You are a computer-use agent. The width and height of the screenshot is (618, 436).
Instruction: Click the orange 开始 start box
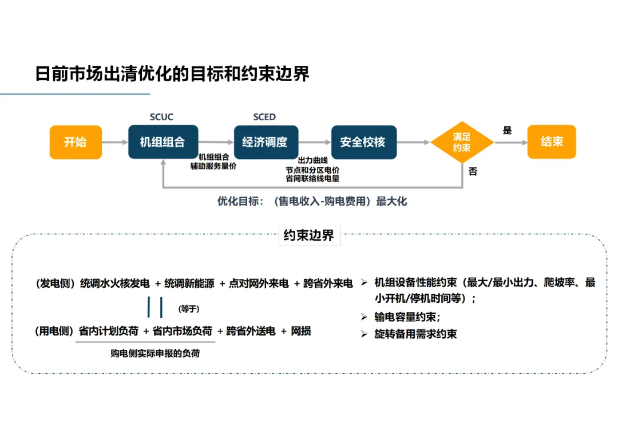tap(76, 142)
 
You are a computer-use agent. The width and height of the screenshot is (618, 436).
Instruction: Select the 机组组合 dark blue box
tap(163, 142)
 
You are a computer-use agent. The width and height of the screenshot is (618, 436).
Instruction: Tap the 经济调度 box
tap(266, 142)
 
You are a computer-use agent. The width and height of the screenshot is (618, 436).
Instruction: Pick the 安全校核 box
tap(364, 142)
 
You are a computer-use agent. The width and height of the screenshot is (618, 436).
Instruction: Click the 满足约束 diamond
tap(462, 142)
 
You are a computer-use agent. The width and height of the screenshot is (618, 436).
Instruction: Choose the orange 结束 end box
tap(552, 142)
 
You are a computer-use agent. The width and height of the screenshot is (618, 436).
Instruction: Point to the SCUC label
tap(161, 117)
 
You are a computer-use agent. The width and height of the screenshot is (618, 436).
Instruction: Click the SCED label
tap(264, 117)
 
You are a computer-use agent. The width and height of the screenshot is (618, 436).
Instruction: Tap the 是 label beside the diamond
tap(507, 130)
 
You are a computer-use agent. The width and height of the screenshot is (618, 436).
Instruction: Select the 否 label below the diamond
tap(473, 171)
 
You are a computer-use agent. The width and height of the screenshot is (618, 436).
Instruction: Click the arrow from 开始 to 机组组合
tap(115, 142)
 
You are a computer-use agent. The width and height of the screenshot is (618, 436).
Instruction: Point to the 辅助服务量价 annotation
tap(213, 166)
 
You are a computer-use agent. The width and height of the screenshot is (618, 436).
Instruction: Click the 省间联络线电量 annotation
tap(312, 179)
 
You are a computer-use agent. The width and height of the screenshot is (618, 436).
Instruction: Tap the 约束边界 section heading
tap(308, 235)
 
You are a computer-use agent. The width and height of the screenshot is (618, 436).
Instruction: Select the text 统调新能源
tap(189, 283)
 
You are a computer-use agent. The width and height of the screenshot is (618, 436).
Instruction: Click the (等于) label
tap(189, 309)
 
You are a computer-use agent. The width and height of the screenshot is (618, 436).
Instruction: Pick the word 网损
tap(301, 331)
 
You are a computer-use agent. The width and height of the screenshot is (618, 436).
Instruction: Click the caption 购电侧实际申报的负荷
tap(155, 353)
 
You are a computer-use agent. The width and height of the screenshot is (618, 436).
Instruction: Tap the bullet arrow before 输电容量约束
tap(364, 317)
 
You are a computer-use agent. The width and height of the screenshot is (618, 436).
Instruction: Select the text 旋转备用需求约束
tap(415, 334)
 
